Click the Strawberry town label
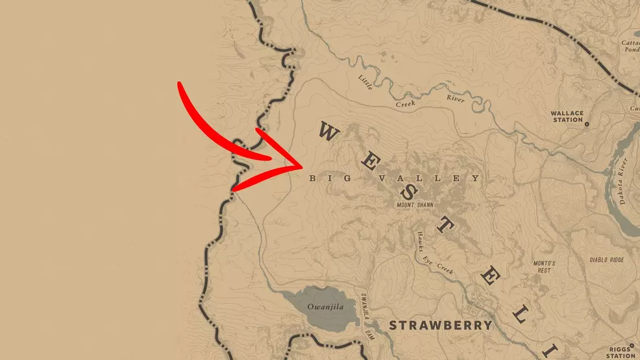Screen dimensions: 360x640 (x=439, y=324)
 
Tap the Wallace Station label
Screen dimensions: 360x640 (x=567, y=116)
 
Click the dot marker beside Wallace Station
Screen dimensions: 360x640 (x=587, y=123)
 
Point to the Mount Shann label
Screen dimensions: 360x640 (x=416, y=206)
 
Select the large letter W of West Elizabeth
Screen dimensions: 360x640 (x=328, y=133)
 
